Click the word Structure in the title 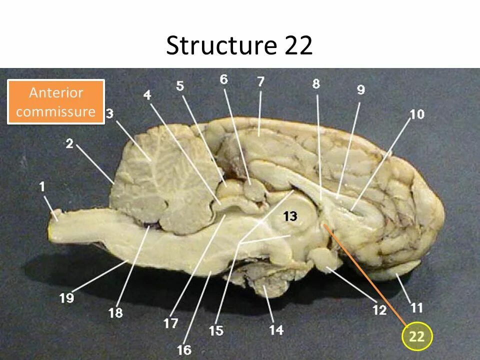221,46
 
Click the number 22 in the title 299,46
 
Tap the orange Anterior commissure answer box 55,102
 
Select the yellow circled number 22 416,336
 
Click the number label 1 42,186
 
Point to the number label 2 69,144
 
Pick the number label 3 109,114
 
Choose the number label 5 180,86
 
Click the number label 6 223,79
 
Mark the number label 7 260,82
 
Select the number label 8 316,84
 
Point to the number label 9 360,89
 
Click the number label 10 416,114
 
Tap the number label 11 416,306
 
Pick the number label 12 379,310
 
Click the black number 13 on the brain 290,216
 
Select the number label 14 276,329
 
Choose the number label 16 184,349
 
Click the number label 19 66,298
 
